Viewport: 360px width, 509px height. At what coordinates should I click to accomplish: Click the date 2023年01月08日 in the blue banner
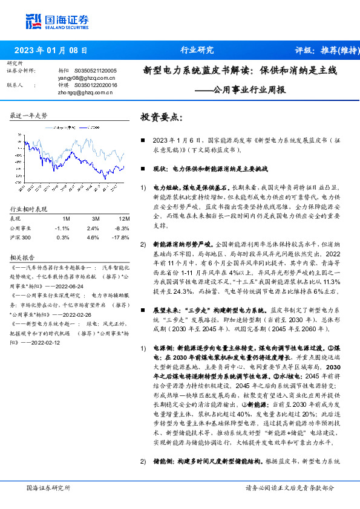tap(50, 50)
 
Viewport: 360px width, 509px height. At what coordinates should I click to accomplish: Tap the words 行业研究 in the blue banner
tap(197, 50)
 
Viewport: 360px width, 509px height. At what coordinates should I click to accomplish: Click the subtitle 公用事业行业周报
tap(246, 89)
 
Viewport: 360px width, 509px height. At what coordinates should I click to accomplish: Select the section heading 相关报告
tap(22, 256)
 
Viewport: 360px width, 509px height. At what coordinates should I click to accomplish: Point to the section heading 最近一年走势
tap(28, 115)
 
